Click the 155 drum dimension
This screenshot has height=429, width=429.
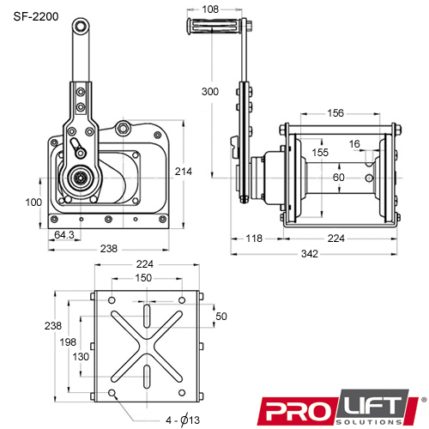click(x=318, y=152)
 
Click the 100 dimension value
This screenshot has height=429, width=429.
click(x=33, y=202)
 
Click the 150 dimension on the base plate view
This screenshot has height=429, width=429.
click(x=143, y=278)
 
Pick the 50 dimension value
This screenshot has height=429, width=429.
click(x=221, y=317)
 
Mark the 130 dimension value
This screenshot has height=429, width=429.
click(x=80, y=356)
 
